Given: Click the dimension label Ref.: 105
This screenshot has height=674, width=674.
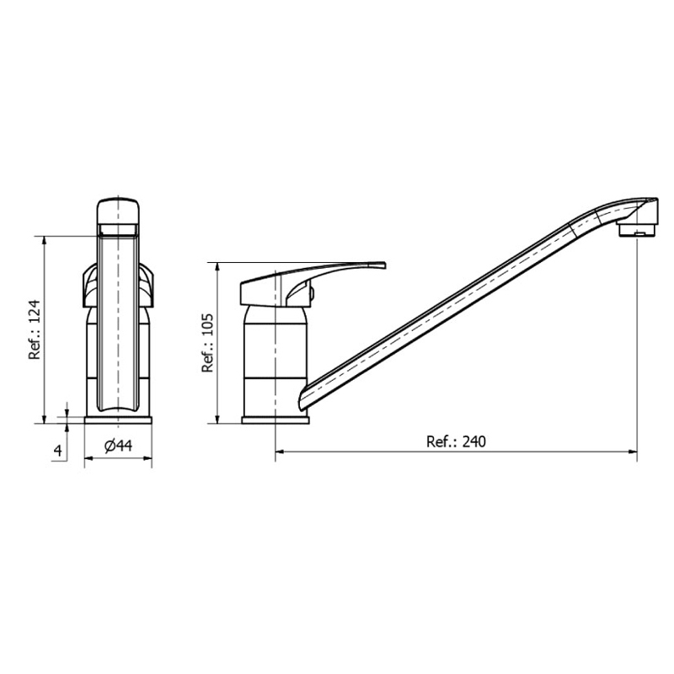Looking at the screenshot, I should pos(206,343).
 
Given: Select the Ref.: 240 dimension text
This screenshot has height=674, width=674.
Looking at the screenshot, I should pos(457,441).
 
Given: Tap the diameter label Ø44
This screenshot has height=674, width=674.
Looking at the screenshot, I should pos(119,447).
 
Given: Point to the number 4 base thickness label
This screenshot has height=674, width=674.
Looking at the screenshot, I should pos(57,451).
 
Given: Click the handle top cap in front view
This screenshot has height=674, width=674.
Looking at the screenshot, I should pos(118,211).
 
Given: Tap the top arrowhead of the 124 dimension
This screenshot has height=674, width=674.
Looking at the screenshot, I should pos(45,241).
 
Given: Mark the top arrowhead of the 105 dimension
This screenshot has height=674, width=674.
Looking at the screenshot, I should pos(218,267).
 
